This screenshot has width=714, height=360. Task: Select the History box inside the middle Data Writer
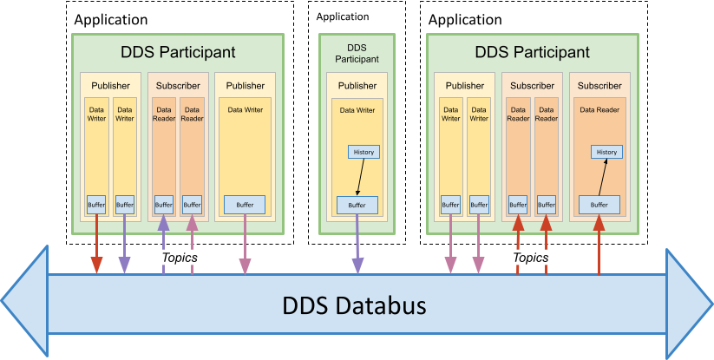click(x=364, y=152)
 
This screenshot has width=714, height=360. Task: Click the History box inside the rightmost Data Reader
click(x=606, y=152)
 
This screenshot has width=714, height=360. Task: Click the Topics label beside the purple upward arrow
click(x=180, y=258)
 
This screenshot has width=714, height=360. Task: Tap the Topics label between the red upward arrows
click(x=531, y=258)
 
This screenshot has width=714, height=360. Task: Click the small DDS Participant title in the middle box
click(x=357, y=54)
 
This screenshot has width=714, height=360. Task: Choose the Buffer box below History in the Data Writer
click(x=357, y=205)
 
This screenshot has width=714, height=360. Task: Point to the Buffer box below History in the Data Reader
click(x=599, y=205)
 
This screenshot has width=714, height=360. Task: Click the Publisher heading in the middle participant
click(x=357, y=86)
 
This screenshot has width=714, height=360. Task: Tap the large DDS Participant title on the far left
click(x=178, y=52)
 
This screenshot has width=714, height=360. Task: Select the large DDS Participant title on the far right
click(x=533, y=52)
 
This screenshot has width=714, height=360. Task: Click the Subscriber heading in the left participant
click(x=178, y=86)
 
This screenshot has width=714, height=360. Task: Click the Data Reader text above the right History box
click(x=599, y=110)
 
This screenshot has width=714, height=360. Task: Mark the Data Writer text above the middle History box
click(x=357, y=110)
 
